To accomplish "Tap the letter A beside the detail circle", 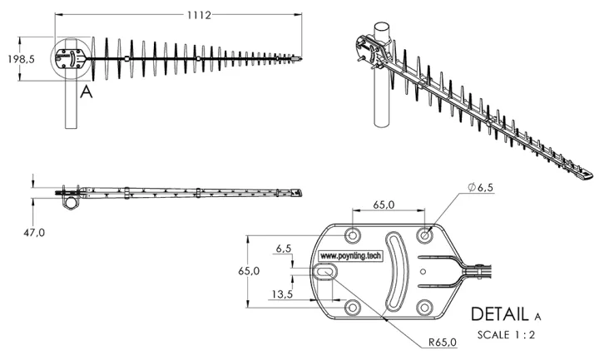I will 85,92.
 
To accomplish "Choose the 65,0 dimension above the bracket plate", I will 384,203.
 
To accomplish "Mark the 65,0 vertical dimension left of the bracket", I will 250,271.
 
